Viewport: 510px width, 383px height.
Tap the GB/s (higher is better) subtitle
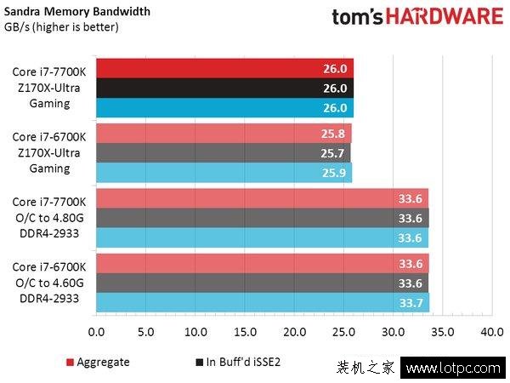click(x=61, y=27)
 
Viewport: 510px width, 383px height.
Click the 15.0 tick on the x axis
click(x=246, y=331)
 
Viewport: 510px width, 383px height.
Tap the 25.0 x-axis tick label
click(x=344, y=331)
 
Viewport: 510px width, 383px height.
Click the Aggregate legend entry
click(x=98, y=362)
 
